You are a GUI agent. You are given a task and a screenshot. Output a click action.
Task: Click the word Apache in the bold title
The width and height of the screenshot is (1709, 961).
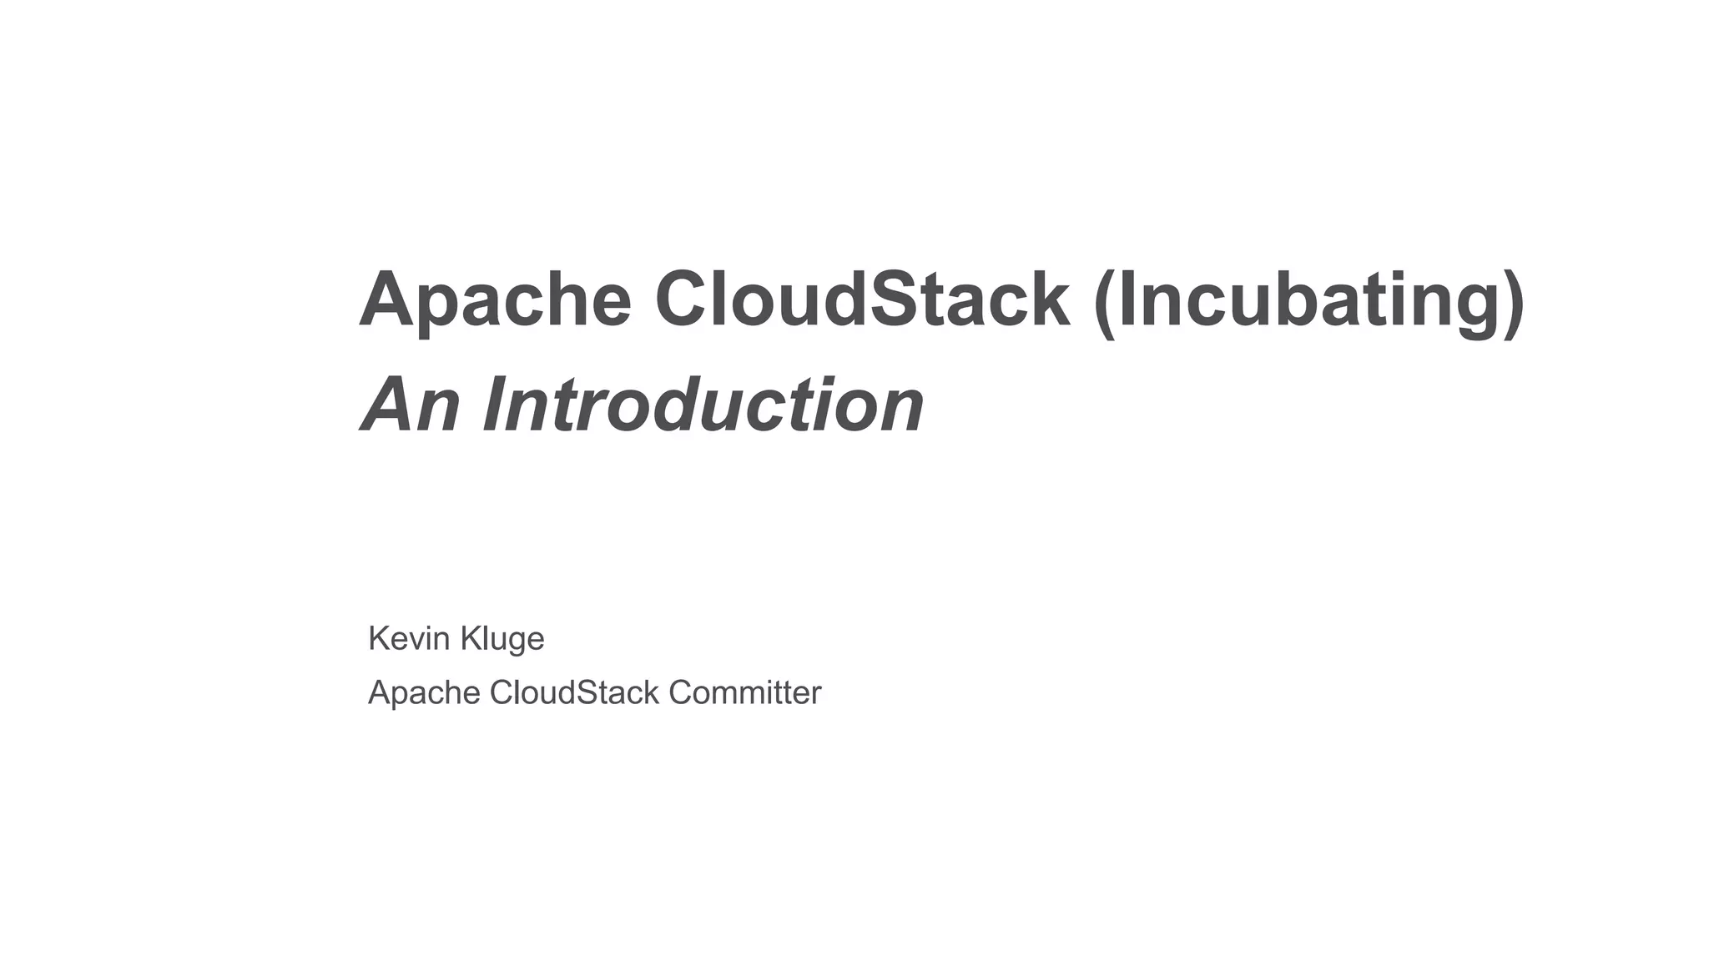point(495,300)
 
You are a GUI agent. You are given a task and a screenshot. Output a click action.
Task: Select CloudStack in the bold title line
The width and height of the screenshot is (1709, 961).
point(861,300)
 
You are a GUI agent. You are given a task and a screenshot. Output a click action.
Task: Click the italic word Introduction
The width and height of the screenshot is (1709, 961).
point(703,405)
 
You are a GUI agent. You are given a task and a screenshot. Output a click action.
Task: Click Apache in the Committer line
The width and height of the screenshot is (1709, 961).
point(424,693)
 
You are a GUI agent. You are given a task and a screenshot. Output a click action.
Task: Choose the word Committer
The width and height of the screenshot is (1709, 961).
point(744,692)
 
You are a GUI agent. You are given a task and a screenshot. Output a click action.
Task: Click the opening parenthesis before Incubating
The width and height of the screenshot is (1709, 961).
point(1104,302)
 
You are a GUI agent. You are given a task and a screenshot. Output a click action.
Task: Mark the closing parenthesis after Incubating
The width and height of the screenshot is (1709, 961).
point(1514,302)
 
